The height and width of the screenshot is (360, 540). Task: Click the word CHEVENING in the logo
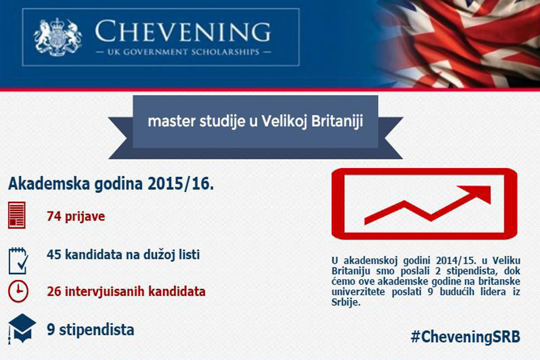pyautogui.click(x=182, y=31)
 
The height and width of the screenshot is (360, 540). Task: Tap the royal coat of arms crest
pyautogui.click(x=58, y=37)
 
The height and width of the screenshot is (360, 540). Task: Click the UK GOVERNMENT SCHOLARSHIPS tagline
pyautogui.click(x=183, y=52)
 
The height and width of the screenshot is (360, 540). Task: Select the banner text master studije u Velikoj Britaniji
pyautogui.click(x=255, y=121)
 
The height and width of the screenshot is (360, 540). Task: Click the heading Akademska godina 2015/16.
pyautogui.click(x=111, y=183)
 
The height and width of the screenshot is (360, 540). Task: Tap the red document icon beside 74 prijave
pyautogui.click(x=16, y=215)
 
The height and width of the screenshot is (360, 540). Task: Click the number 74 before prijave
pyautogui.click(x=54, y=217)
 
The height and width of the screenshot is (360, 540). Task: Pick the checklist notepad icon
pyautogui.click(x=18, y=260)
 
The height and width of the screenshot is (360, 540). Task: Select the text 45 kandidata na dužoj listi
pyautogui.click(x=123, y=255)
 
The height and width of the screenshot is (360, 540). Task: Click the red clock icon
pyautogui.click(x=18, y=291)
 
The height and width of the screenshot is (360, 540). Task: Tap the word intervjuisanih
pyautogui.click(x=105, y=291)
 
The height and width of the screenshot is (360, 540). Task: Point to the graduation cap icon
pyautogui.click(x=22, y=328)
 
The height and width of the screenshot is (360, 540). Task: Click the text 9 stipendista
pyautogui.click(x=91, y=330)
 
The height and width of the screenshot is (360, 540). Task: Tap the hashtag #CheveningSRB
pyautogui.click(x=465, y=336)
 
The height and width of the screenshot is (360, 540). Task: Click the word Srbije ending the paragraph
pyautogui.click(x=346, y=303)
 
